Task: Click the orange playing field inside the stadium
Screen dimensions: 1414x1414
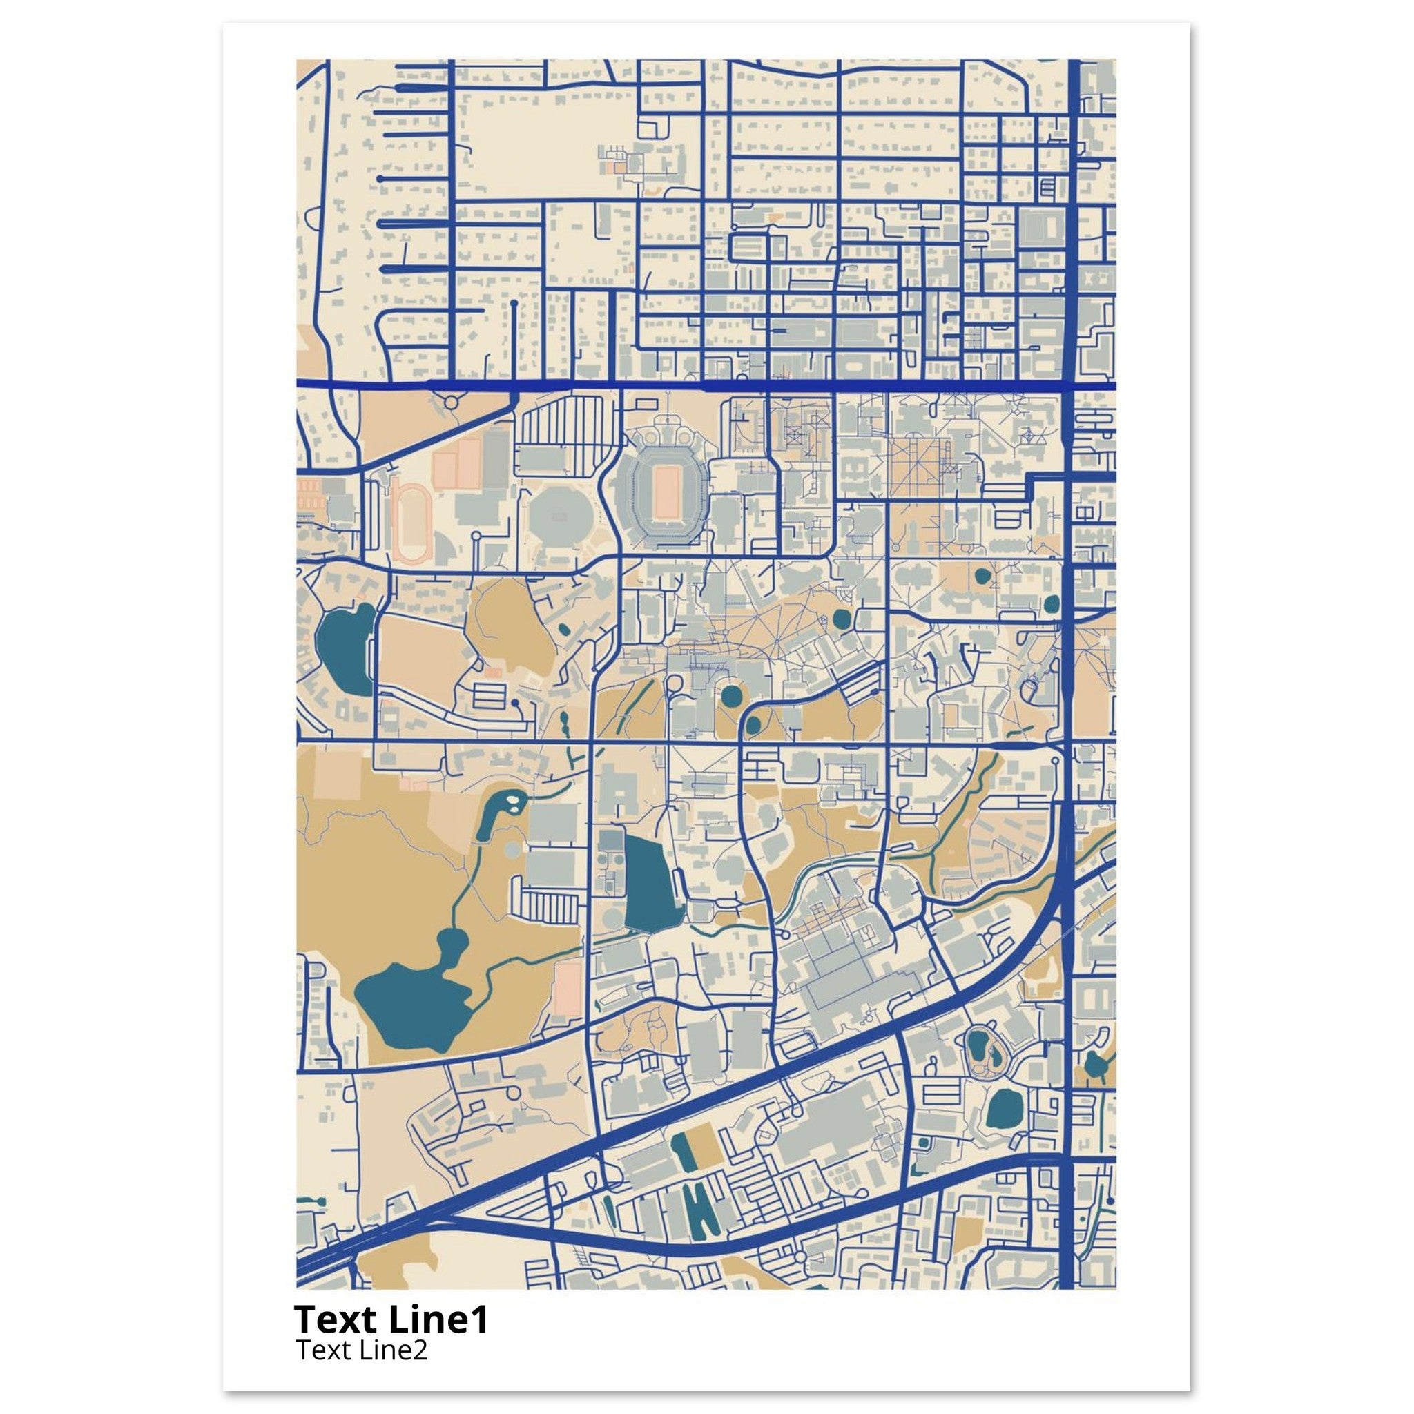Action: point(666,491)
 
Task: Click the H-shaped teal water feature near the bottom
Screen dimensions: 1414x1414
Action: point(699,1211)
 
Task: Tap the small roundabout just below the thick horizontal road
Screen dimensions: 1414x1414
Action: point(450,402)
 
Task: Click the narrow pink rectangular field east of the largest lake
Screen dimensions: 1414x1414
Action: point(568,988)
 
